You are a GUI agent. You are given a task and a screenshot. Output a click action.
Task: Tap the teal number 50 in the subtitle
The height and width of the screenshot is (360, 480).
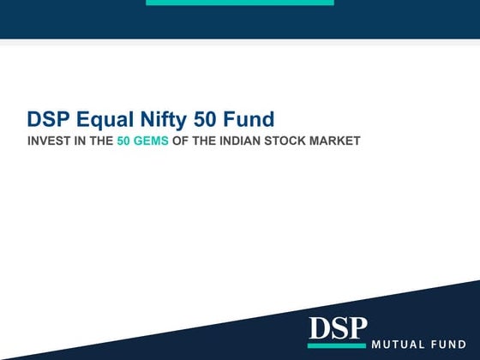click(x=124, y=141)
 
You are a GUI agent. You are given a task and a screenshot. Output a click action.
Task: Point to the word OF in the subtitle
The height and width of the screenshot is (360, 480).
click(x=180, y=141)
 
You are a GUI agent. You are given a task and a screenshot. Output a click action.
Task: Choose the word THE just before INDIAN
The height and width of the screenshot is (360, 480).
click(x=202, y=141)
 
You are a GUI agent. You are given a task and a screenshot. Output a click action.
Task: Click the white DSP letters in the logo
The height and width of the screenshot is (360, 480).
click(x=337, y=329)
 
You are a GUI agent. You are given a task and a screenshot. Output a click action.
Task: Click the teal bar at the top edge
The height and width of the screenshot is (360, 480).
click(x=239, y=3)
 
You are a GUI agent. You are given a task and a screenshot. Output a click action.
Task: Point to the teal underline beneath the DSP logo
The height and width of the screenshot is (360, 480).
click(x=337, y=346)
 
